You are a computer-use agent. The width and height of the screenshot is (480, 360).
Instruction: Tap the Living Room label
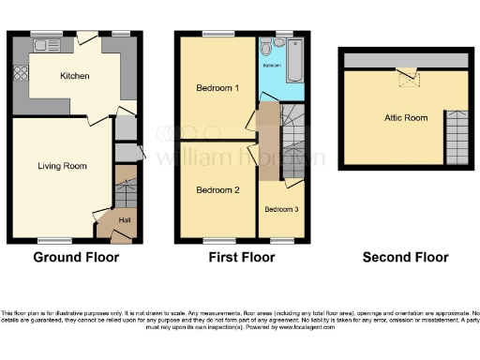[x=62, y=166]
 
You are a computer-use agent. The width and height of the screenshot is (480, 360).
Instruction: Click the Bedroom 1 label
[x=217, y=88]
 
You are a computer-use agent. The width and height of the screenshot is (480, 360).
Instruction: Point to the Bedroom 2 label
[x=217, y=189]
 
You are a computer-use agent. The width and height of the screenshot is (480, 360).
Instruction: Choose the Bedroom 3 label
[x=280, y=209]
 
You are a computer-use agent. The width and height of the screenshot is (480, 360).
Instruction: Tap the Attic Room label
[x=406, y=117]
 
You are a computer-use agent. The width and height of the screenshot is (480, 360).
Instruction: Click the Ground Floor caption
[x=74, y=257]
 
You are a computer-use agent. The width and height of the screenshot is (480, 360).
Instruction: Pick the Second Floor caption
[x=406, y=257]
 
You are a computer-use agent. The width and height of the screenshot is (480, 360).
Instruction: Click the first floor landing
[x=268, y=141]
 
